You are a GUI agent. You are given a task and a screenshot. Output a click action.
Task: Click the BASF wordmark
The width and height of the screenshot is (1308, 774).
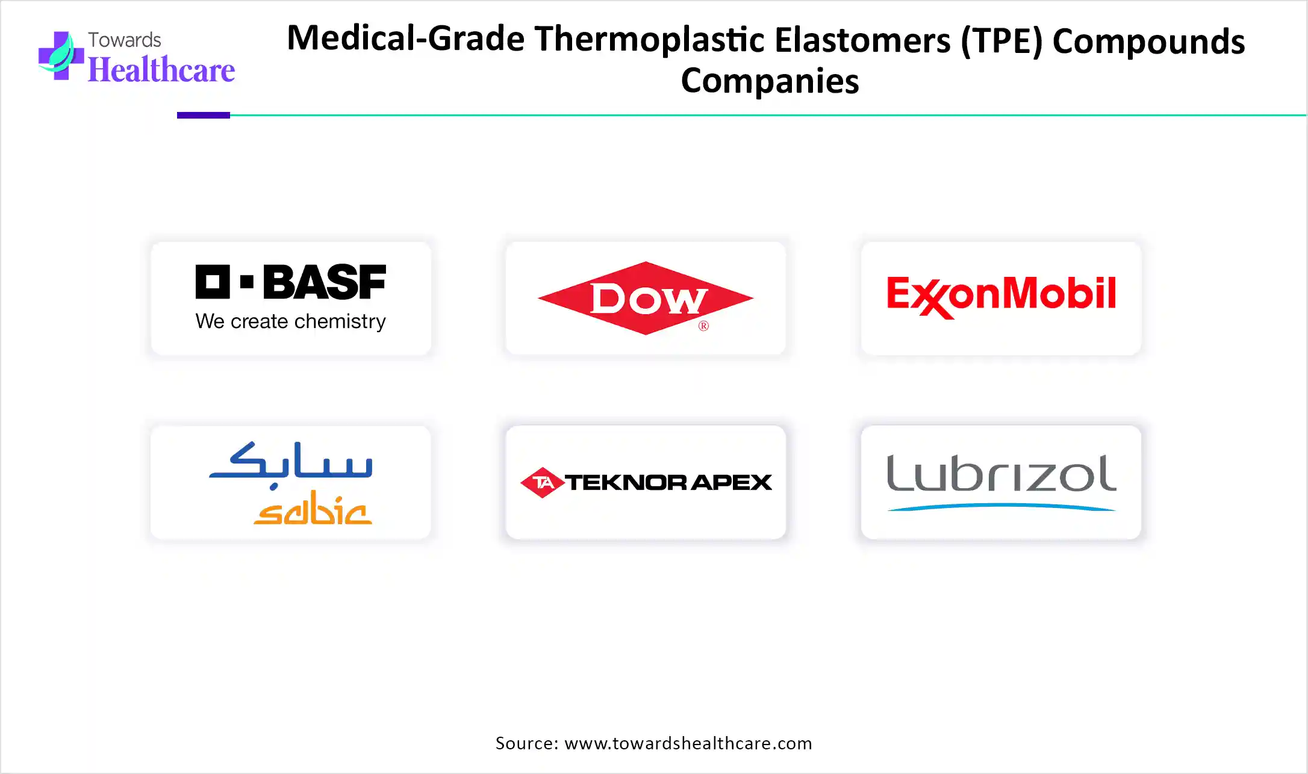(325, 282)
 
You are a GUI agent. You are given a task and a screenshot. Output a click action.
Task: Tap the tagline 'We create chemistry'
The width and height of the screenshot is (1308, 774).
(290, 321)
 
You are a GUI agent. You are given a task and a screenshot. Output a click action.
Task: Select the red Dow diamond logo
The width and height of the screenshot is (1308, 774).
(646, 298)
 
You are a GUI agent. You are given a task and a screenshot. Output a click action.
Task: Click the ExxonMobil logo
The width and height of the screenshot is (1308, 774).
(1001, 296)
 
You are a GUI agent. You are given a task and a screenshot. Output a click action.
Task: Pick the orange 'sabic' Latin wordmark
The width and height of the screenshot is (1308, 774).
(313, 508)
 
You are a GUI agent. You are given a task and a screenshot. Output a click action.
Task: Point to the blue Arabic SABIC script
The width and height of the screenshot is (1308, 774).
(291, 465)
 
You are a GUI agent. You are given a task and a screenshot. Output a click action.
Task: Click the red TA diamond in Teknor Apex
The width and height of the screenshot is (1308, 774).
(542, 482)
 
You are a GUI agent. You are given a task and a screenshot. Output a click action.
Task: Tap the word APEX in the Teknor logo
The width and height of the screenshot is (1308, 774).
(731, 482)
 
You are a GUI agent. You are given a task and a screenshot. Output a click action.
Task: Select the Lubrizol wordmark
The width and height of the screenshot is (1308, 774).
(1001, 473)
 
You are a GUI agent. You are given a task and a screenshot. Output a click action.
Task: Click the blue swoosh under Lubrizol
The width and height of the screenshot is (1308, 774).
(1001, 507)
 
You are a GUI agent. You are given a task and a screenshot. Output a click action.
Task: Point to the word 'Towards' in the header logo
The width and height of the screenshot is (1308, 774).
(125, 40)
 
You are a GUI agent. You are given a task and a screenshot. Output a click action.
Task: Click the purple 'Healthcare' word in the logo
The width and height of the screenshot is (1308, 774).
(161, 70)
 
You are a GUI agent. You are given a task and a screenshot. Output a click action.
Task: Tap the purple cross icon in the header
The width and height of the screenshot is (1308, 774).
(60, 55)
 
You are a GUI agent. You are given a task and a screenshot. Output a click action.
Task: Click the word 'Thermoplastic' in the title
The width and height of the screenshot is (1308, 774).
(650, 39)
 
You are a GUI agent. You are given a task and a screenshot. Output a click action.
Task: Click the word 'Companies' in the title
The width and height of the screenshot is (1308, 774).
(770, 81)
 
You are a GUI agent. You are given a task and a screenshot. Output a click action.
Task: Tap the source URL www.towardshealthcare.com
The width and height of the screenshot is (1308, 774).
(688, 743)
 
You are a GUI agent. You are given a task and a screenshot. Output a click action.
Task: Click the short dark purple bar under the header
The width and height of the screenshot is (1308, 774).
(204, 115)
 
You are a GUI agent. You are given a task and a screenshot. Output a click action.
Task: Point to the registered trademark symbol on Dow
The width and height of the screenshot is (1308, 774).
(703, 326)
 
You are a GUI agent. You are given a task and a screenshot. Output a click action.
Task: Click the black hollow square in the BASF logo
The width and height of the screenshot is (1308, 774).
(213, 282)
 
